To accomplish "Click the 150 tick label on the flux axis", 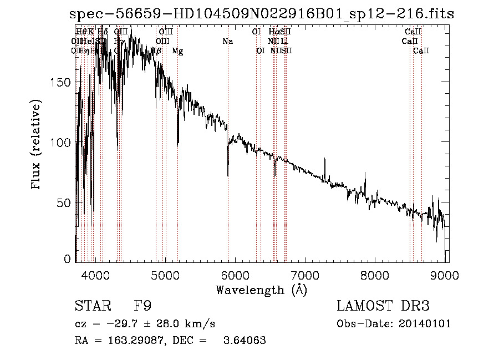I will point(63,82).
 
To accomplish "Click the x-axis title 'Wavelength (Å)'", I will point(261,290).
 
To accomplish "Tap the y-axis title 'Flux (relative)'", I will point(37,145).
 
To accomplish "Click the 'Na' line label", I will point(227,42).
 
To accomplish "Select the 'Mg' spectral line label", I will point(177,51).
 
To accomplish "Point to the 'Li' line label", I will point(284,42).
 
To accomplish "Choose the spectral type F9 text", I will point(142,306).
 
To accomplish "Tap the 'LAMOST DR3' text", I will point(383,306).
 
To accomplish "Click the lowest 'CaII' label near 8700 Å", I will point(421,51).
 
